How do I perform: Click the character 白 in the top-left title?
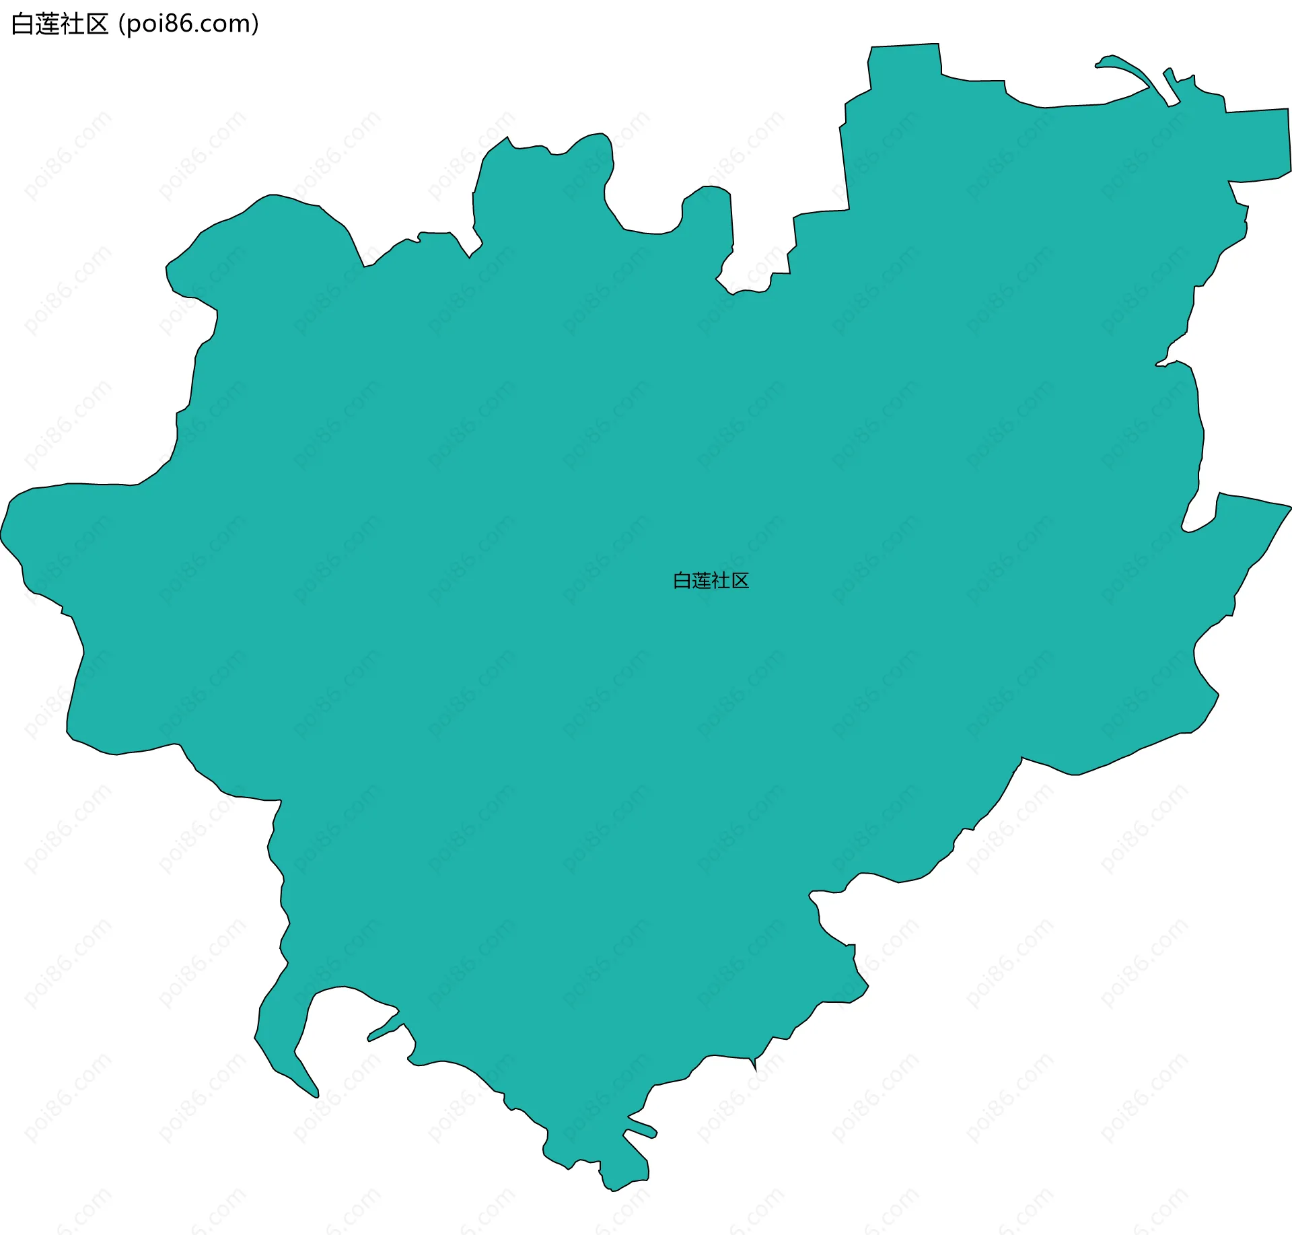pyautogui.click(x=23, y=24)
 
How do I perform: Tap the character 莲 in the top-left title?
pyautogui.click(x=48, y=24)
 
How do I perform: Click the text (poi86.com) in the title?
pyautogui.click(x=188, y=24)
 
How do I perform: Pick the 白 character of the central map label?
pyautogui.click(x=682, y=581)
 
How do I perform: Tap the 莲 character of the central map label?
pyautogui.click(x=701, y=581)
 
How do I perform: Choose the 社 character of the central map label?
pyautogui.click(x=721, y=581)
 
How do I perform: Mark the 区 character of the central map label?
pyautogui.click(x=740, y=581)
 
